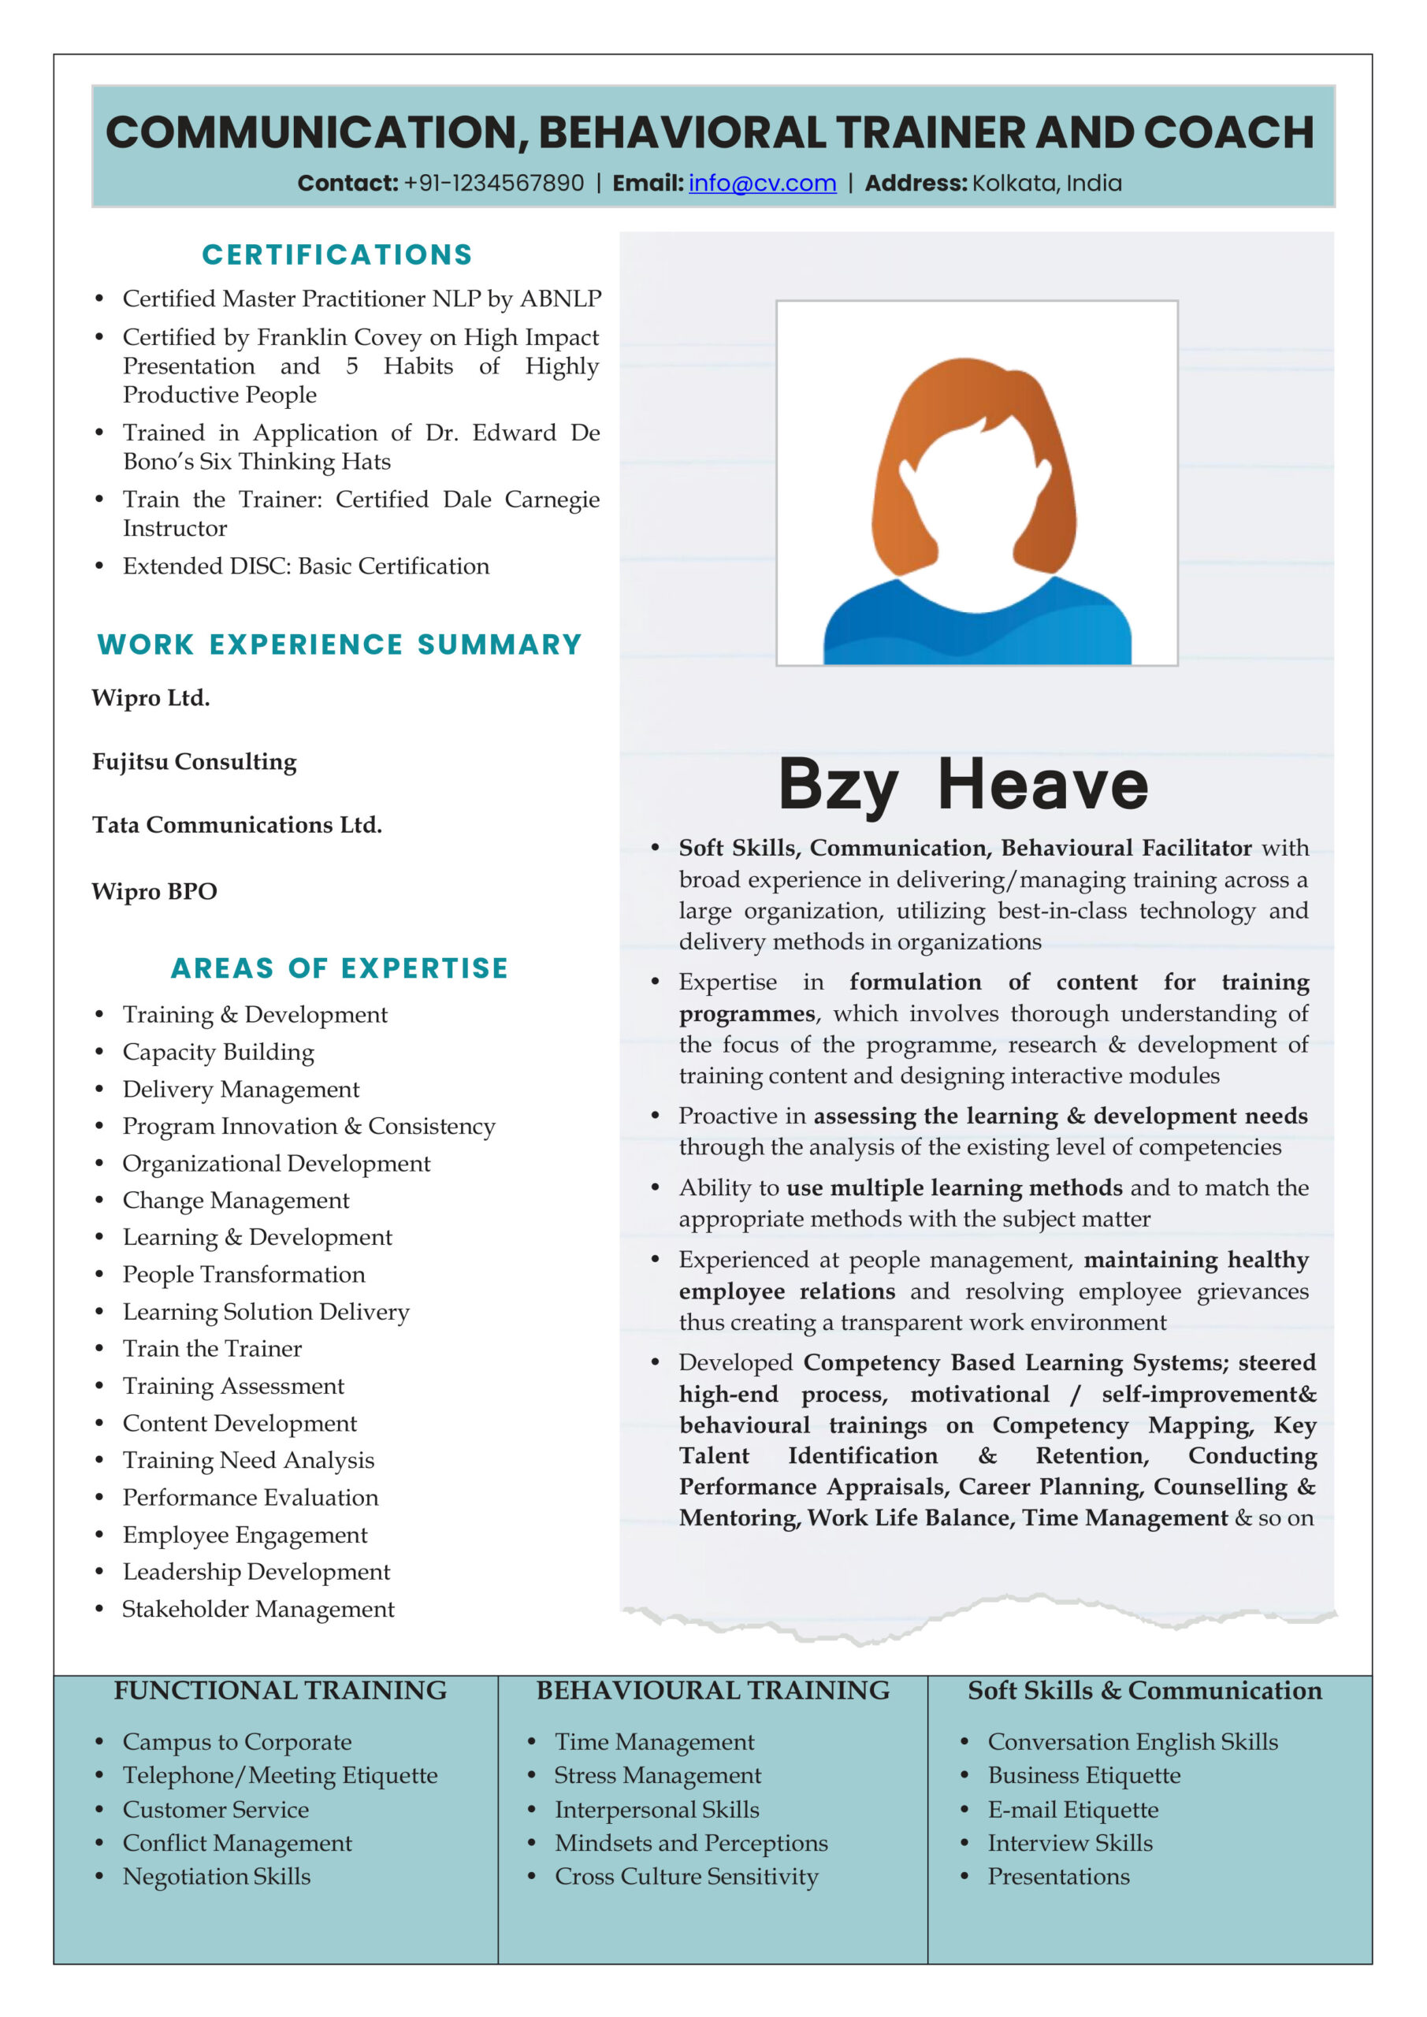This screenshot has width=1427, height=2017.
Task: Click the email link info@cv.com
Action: tap(762, 184)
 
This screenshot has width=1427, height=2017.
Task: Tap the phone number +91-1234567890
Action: tap(493, 184)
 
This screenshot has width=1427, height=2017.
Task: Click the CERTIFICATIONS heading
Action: tap(337, 254)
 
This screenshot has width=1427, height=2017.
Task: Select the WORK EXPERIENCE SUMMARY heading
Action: tap(339, 644)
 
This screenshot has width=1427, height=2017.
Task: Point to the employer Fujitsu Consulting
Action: tap(194, 762)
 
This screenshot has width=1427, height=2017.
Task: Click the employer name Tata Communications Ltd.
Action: tap(237, 825)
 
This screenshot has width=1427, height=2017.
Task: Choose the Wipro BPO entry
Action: tap(154, 891)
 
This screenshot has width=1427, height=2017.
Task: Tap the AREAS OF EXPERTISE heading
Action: tap(339, 968)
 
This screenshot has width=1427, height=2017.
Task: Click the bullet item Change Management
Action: tap(236, 1200)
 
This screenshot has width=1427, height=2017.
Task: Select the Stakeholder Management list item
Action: tap(258, 1609)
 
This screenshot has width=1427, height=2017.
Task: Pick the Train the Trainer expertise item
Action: tap(212, 1348)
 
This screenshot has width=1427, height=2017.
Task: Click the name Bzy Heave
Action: tap(963, 784)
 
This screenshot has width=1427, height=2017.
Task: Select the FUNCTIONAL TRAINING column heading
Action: tap(280, 1690)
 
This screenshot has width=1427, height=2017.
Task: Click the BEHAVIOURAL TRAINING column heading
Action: tap(712, 1690)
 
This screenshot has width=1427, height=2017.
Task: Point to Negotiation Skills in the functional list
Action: tap(216, 1877)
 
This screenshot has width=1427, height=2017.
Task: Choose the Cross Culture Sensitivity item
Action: tap(686, 1877)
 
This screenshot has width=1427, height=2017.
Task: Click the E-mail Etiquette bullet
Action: tap(1073, 1810)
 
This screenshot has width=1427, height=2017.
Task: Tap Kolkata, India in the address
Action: tap(1046, 184)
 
